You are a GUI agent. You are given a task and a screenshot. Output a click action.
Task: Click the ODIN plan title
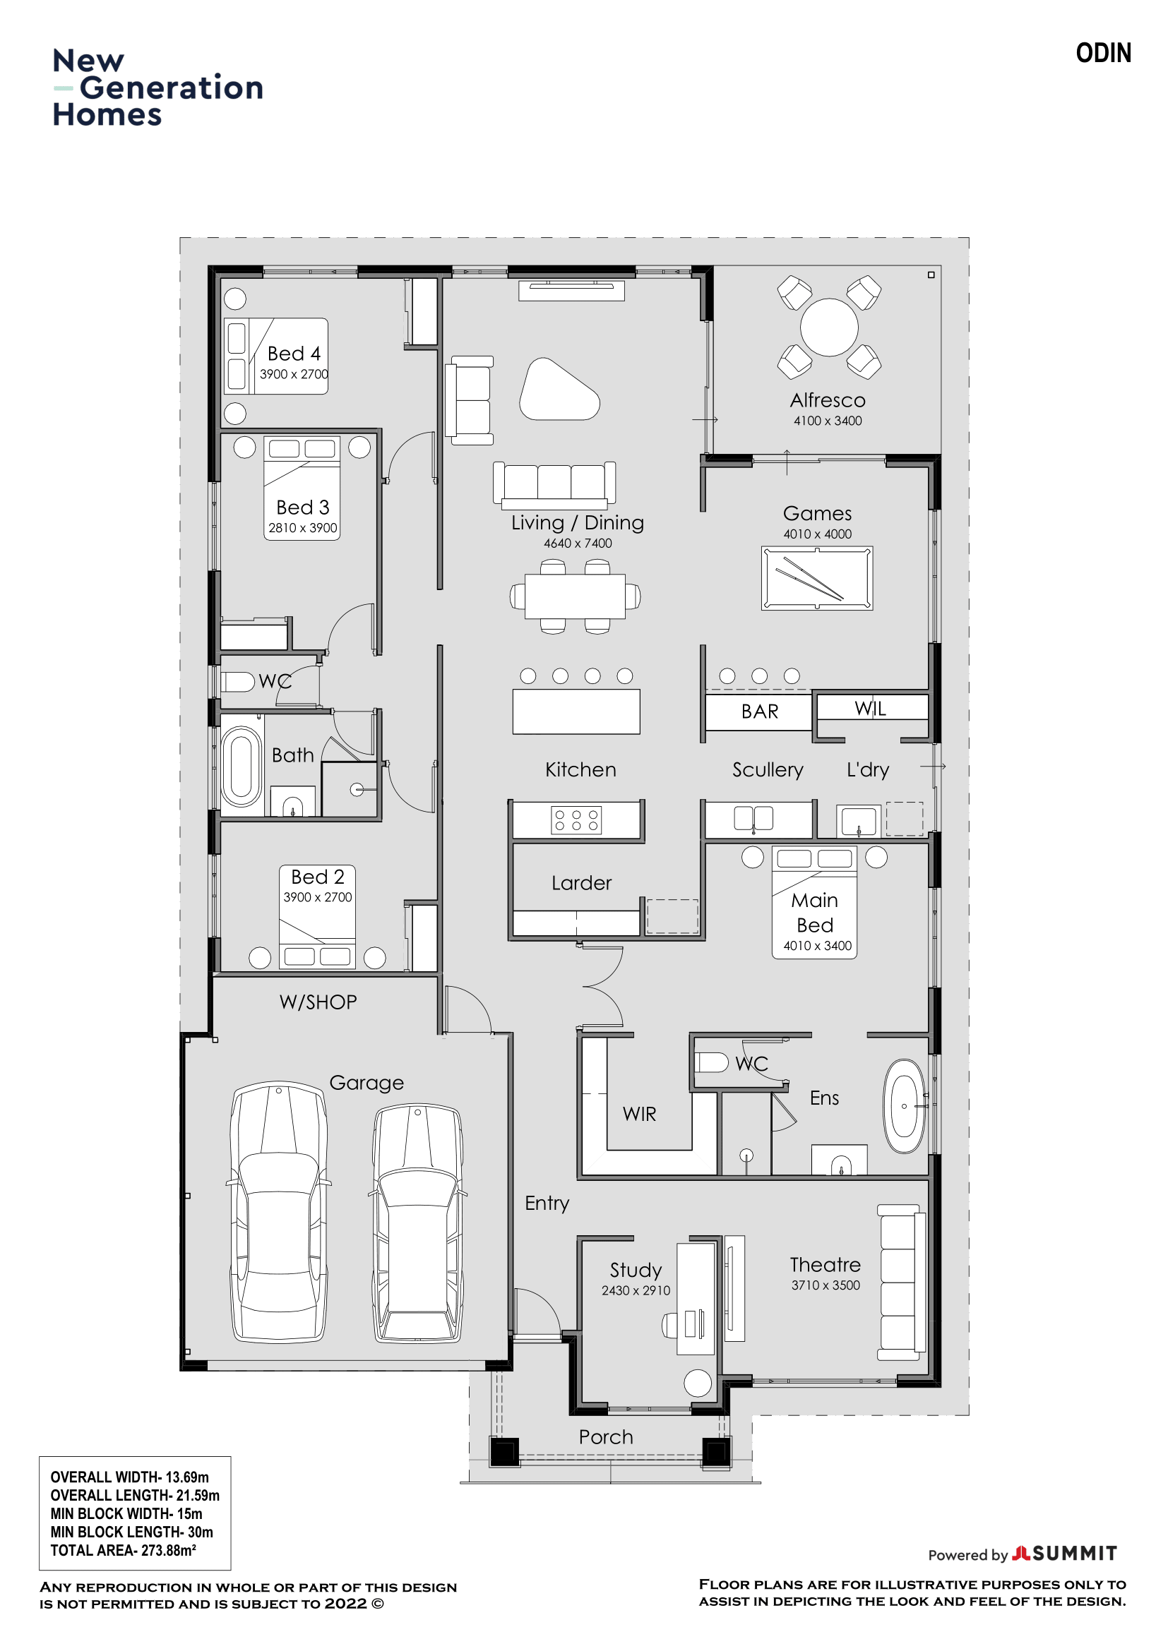coord(1102,53)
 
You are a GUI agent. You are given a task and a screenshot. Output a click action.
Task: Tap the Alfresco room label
coord(828,400)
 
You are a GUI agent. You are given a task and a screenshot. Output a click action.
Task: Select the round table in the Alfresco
coord(829,328)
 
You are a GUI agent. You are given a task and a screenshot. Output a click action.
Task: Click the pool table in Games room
coord(817,579)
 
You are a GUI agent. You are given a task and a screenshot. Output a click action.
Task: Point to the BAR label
coord(760,712)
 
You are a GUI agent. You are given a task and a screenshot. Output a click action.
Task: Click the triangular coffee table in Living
coord(559,389)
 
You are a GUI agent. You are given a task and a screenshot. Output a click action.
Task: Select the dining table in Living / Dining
coord(575,596)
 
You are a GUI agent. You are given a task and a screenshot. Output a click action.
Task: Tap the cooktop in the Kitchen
coord(576,820)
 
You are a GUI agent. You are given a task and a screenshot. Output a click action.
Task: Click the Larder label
coord(581,883)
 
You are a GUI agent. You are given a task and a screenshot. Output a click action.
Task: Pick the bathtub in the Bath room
coord(242,767)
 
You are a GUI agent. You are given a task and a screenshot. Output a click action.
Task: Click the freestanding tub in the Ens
coord(904,1106)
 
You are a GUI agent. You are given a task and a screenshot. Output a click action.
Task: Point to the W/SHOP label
coord(318,1002)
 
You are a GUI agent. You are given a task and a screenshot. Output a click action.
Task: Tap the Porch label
coord(606,1437)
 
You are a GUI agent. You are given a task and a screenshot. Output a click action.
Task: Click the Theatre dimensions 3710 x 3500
coord(826,1285)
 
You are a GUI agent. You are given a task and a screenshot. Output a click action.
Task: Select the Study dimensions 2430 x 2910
coord(636,1291)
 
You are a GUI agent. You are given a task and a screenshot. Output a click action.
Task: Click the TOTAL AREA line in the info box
coord(123,1550)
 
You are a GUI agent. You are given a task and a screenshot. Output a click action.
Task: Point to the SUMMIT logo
coord(1064,1554)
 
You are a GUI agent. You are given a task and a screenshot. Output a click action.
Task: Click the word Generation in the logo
coord(171,88)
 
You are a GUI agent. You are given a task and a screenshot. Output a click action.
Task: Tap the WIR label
coord(639,1114)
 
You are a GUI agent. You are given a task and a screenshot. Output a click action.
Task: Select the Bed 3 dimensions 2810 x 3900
coord(303,528)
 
